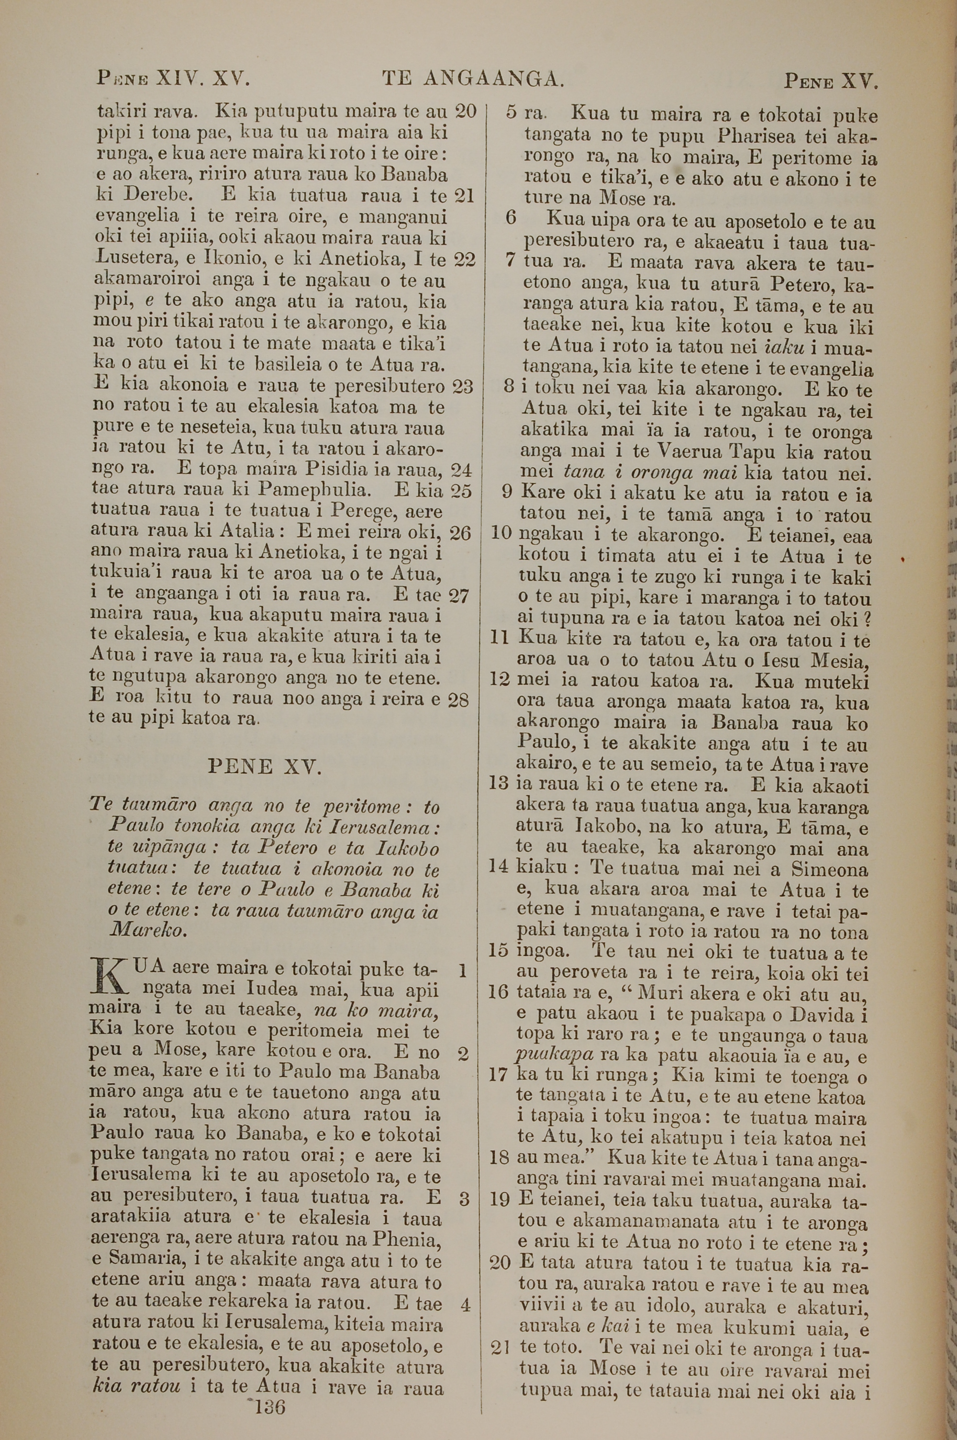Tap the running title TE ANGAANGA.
coord(473,79)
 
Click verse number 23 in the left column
coord(463,387)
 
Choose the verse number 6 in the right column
coord(512,218)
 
